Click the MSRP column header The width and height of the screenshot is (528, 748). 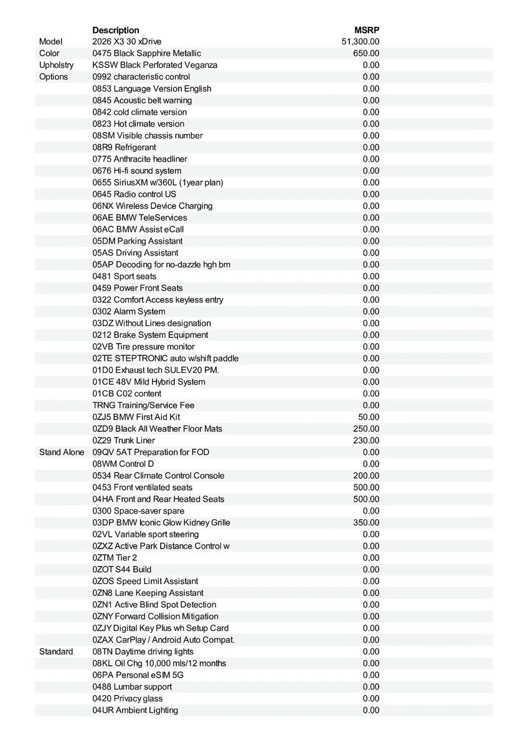(x=366, y=30)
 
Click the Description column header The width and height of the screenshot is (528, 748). (x=116, y=30)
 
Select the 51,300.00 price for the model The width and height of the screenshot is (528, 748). (x=361, y=42)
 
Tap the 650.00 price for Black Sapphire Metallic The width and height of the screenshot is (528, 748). (x=366, y=54)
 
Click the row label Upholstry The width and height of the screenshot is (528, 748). (x=56, y=65)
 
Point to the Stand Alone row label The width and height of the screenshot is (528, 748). (x=62, y=453)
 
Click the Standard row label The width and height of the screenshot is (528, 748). (x=56, y=652)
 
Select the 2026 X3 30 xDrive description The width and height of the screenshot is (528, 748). (x=127, y=42)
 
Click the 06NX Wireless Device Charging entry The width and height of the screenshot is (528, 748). (x=153, y=206)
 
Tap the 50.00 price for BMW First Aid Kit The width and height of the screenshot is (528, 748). (x=369, y=417)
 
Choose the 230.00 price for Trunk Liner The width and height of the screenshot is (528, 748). (x=366, y=441)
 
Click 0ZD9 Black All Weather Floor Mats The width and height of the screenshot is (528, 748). (x=157, y=429)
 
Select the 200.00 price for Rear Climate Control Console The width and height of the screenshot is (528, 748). (x=366, y=476)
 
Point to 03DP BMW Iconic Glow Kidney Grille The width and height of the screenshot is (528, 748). (x=161, y=523)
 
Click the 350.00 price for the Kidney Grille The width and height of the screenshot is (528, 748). (x=366, y=523)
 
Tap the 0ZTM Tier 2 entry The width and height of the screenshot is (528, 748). (x=115, y=558)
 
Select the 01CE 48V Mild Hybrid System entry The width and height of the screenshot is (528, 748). (x=149, y=382)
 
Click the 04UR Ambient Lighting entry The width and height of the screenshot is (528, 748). (x=135, y=711)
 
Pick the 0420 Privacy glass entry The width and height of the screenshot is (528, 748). (x=127, y=699)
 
